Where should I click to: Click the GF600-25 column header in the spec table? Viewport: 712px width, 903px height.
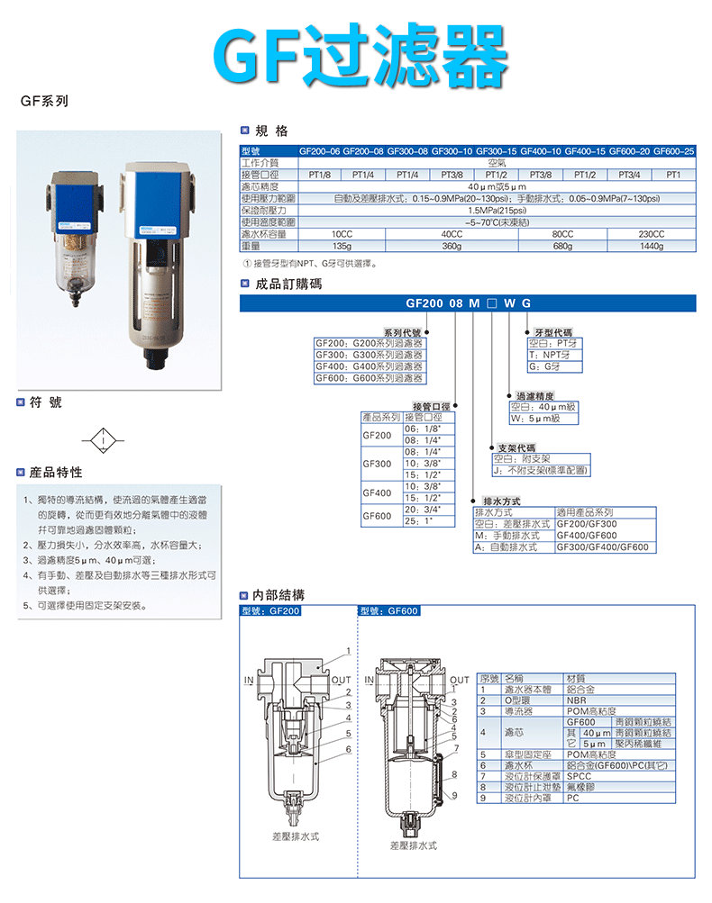click(x=673, y=151)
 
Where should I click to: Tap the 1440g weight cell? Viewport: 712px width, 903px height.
click(x=651, y=245)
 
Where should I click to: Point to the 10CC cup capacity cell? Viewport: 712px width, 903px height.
click(x=342, y=233)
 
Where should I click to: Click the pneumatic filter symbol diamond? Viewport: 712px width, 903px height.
click(x=105, y=443)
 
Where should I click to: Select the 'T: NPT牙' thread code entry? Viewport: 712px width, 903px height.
click(x=555, y=355)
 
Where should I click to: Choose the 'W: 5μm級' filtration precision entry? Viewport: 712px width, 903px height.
click(x=543, y=419)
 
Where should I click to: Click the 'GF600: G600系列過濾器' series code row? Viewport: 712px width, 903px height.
click(x=369, y=378)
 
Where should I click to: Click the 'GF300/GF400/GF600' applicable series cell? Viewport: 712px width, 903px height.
click(x=602, y=546)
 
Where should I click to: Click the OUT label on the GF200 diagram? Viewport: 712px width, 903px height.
click(x=342, y=680)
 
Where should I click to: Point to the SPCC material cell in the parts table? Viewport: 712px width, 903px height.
click(x=580, y=774)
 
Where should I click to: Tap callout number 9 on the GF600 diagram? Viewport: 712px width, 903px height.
click(x=454, y=794)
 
